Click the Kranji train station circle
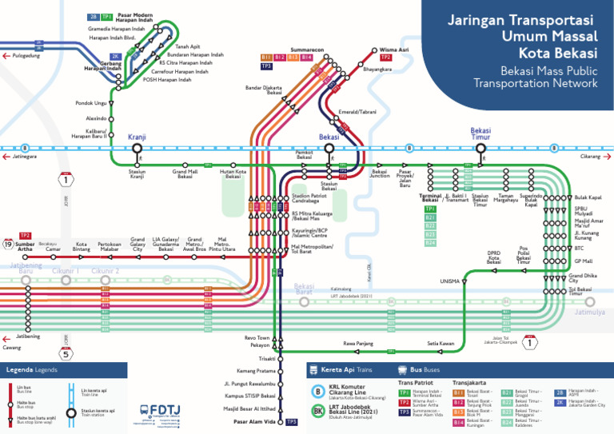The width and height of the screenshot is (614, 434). pos(137,148)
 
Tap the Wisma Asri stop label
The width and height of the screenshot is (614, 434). pos(394,49)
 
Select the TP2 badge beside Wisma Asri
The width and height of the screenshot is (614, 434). pos(386,58)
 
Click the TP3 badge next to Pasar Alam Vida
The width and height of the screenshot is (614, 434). pos(291,421)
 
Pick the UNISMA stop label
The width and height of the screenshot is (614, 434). pos(449,281)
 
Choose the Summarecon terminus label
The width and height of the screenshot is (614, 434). pos(308,50)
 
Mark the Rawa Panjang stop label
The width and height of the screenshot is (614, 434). pos(359,344)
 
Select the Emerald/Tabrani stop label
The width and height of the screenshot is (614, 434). pos(357,112)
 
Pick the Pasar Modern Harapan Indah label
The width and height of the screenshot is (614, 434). pos(134,16)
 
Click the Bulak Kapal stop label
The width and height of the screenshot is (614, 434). pos(588,197)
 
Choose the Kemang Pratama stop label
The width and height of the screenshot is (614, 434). pos(256,371)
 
